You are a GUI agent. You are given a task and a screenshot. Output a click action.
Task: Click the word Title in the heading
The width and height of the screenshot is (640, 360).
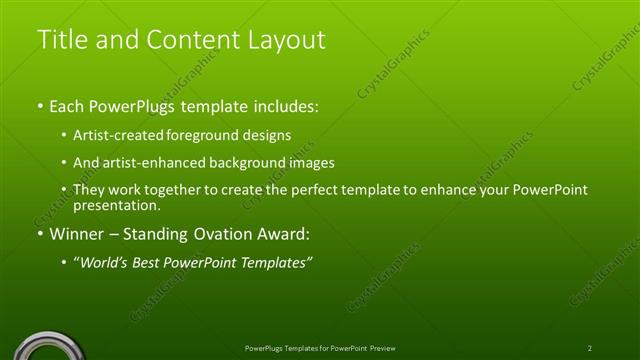pyautogui.click(x=60, y=40)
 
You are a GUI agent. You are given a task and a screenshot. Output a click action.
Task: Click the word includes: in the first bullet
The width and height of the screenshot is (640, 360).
pyautogui.click(x=285, y=105)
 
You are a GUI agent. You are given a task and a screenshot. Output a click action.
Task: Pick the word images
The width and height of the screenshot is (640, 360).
pyautogui.click(x=310, y=162)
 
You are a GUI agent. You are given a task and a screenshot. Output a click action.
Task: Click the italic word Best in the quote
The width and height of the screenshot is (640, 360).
pyautogui.click(x=149, y=263)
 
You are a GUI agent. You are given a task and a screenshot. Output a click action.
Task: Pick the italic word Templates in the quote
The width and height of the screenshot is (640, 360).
pyautogui.click(x=276, y=263)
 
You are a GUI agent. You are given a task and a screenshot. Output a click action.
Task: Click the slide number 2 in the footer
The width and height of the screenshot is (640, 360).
pyautogui.click(x=590, y=348)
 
